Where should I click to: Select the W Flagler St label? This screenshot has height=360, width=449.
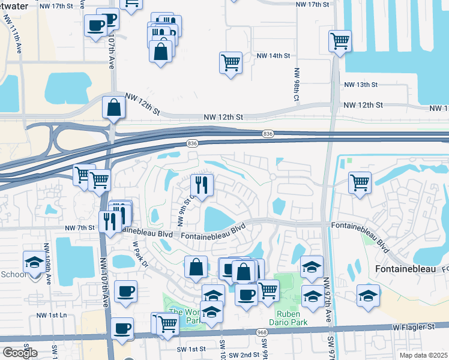click(414, 326)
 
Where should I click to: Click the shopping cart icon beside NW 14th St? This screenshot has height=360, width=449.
click(231, 62)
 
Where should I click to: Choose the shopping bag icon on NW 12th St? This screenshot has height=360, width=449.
click(113, 108)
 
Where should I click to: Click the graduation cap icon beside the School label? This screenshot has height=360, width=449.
click(34, 262)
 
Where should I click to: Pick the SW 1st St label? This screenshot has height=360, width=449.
click(191, 349)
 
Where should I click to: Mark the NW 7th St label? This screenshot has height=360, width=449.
click(79, 227)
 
